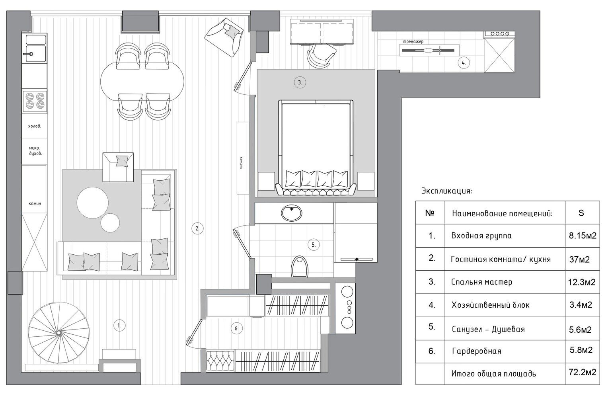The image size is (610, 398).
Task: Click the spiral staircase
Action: [x=59, y=332]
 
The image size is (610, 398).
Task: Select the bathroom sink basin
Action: [x=292, y=213]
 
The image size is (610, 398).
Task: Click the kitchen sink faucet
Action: [x=29, y=54]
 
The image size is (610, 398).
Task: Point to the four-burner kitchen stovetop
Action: [x=35, y=101]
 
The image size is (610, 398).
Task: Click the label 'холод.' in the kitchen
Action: [x=34, y=126]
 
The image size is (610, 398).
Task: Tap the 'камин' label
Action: [x=35, y=203]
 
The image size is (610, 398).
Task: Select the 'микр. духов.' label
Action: [x=35, y=151]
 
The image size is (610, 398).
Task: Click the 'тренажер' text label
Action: [x=413, y=42]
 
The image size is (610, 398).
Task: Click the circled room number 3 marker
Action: [x=300, y=82]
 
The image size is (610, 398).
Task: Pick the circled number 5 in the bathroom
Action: [x=314, y=245]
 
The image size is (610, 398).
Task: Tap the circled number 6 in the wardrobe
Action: [x=236, y=328]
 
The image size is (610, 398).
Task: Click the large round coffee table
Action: [x=93, y=203]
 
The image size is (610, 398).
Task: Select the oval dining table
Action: [x=142, y=81]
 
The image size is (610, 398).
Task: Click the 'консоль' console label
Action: [x=241, y=163]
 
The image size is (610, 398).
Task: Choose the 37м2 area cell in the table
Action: [x=579, y=259]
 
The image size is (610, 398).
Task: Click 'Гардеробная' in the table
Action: [x=477, y=351]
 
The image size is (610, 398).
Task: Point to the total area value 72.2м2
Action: [x=583, y=372]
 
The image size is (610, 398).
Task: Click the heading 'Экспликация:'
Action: [x=446, y=191]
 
